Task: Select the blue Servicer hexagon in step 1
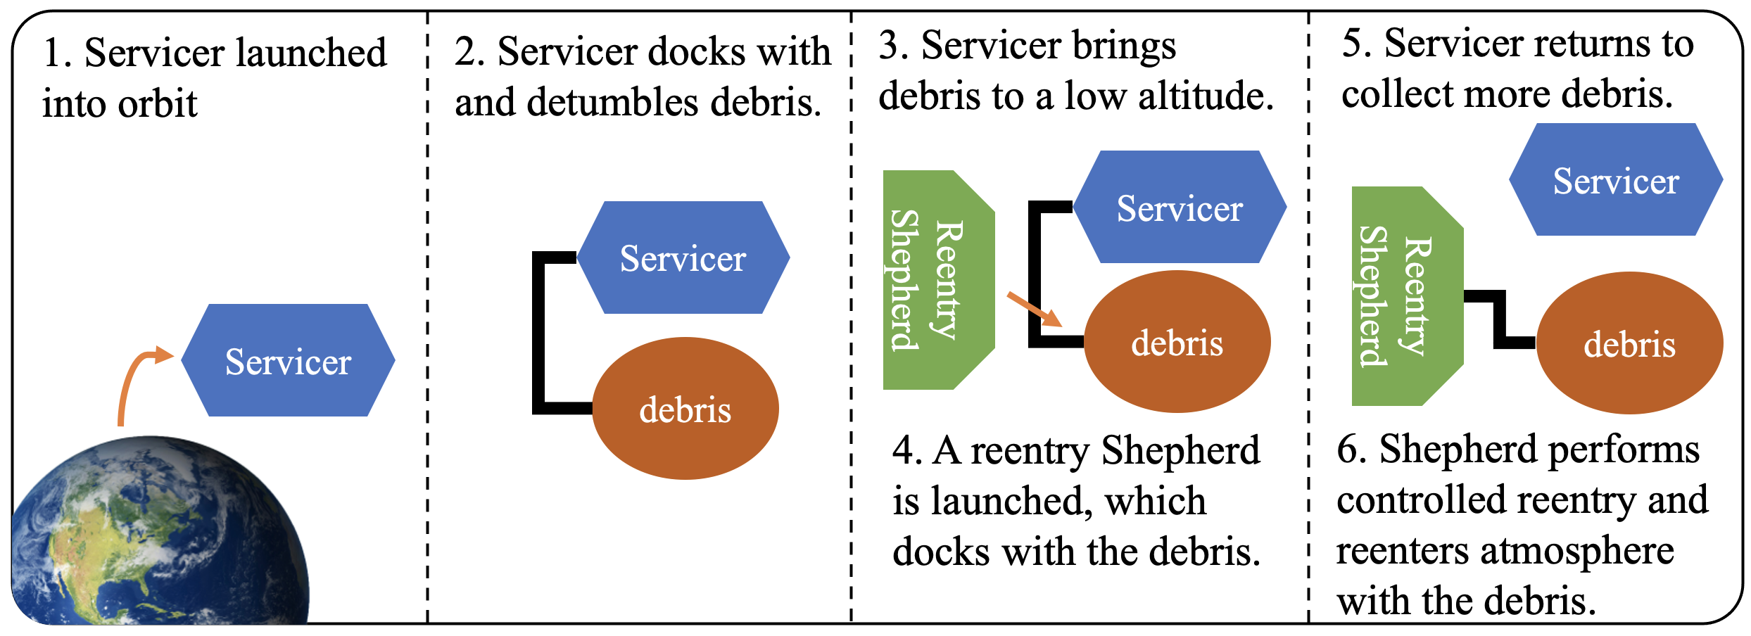pos(289,360)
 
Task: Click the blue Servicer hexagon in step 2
pos(683,257)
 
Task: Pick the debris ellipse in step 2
pos(685,409)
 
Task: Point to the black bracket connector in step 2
pos(539,331)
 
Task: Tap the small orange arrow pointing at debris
pos(1035,310)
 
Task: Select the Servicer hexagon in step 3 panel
pos(1180,208)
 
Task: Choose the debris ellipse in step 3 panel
pos(1177,342)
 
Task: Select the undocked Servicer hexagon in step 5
pos(1616,180)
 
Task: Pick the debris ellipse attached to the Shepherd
pos(1629,343)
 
